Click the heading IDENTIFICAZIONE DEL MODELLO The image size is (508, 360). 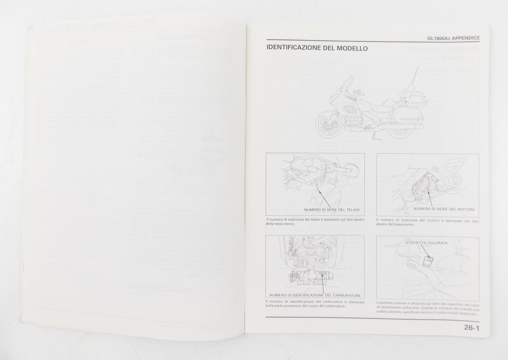tap(317, 48)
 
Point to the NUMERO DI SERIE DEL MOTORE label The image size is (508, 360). tap(444, 209)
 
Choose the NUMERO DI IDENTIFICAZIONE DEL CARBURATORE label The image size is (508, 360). tap(315, 295)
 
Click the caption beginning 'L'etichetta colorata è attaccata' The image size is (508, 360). tap(427, 308)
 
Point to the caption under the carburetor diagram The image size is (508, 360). tap(315, 304)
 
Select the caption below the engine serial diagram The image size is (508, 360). tap(427, 223)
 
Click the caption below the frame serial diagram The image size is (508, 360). tap(315, 222)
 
